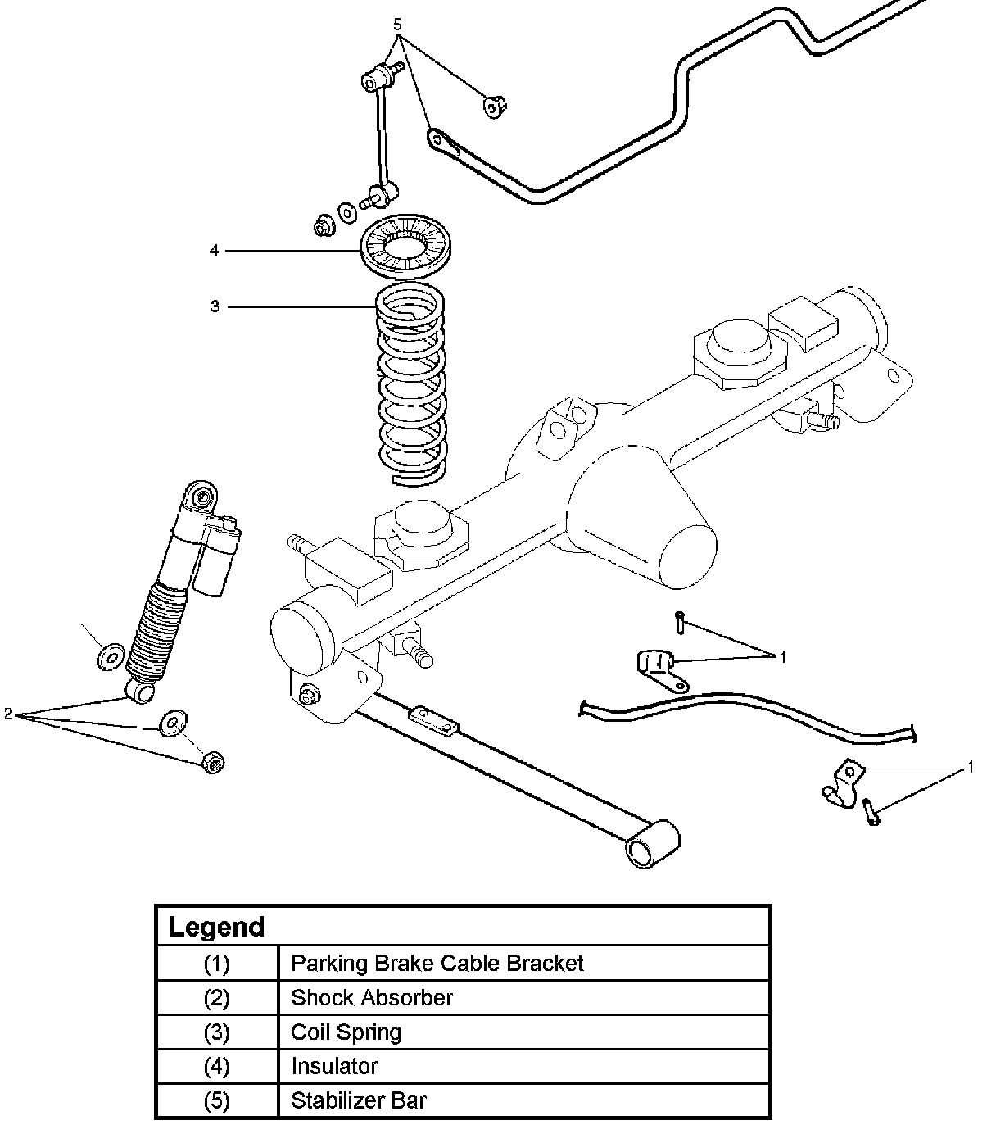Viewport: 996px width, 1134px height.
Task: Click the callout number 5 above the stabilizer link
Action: pos(397,25)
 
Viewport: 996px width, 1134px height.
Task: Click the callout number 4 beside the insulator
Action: pos(215,250)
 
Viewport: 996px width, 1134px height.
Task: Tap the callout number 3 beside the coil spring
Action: pos(215,306)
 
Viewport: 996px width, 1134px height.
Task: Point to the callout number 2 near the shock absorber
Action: pos(8,714)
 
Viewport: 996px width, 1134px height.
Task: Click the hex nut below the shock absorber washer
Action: pos(213,762)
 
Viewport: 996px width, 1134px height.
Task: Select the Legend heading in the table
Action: pos(216,927)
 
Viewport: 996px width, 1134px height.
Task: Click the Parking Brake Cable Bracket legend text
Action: pos(437,964)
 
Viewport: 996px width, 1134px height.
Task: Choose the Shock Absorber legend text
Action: pos(372,998)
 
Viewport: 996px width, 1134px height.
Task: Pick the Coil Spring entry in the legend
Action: pos(346,1032)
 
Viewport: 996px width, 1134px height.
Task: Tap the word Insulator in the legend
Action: pos(335,1066)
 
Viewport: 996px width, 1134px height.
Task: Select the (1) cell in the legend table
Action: pos(217,964)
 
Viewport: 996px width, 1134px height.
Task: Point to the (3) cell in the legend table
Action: pos(217,1032)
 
